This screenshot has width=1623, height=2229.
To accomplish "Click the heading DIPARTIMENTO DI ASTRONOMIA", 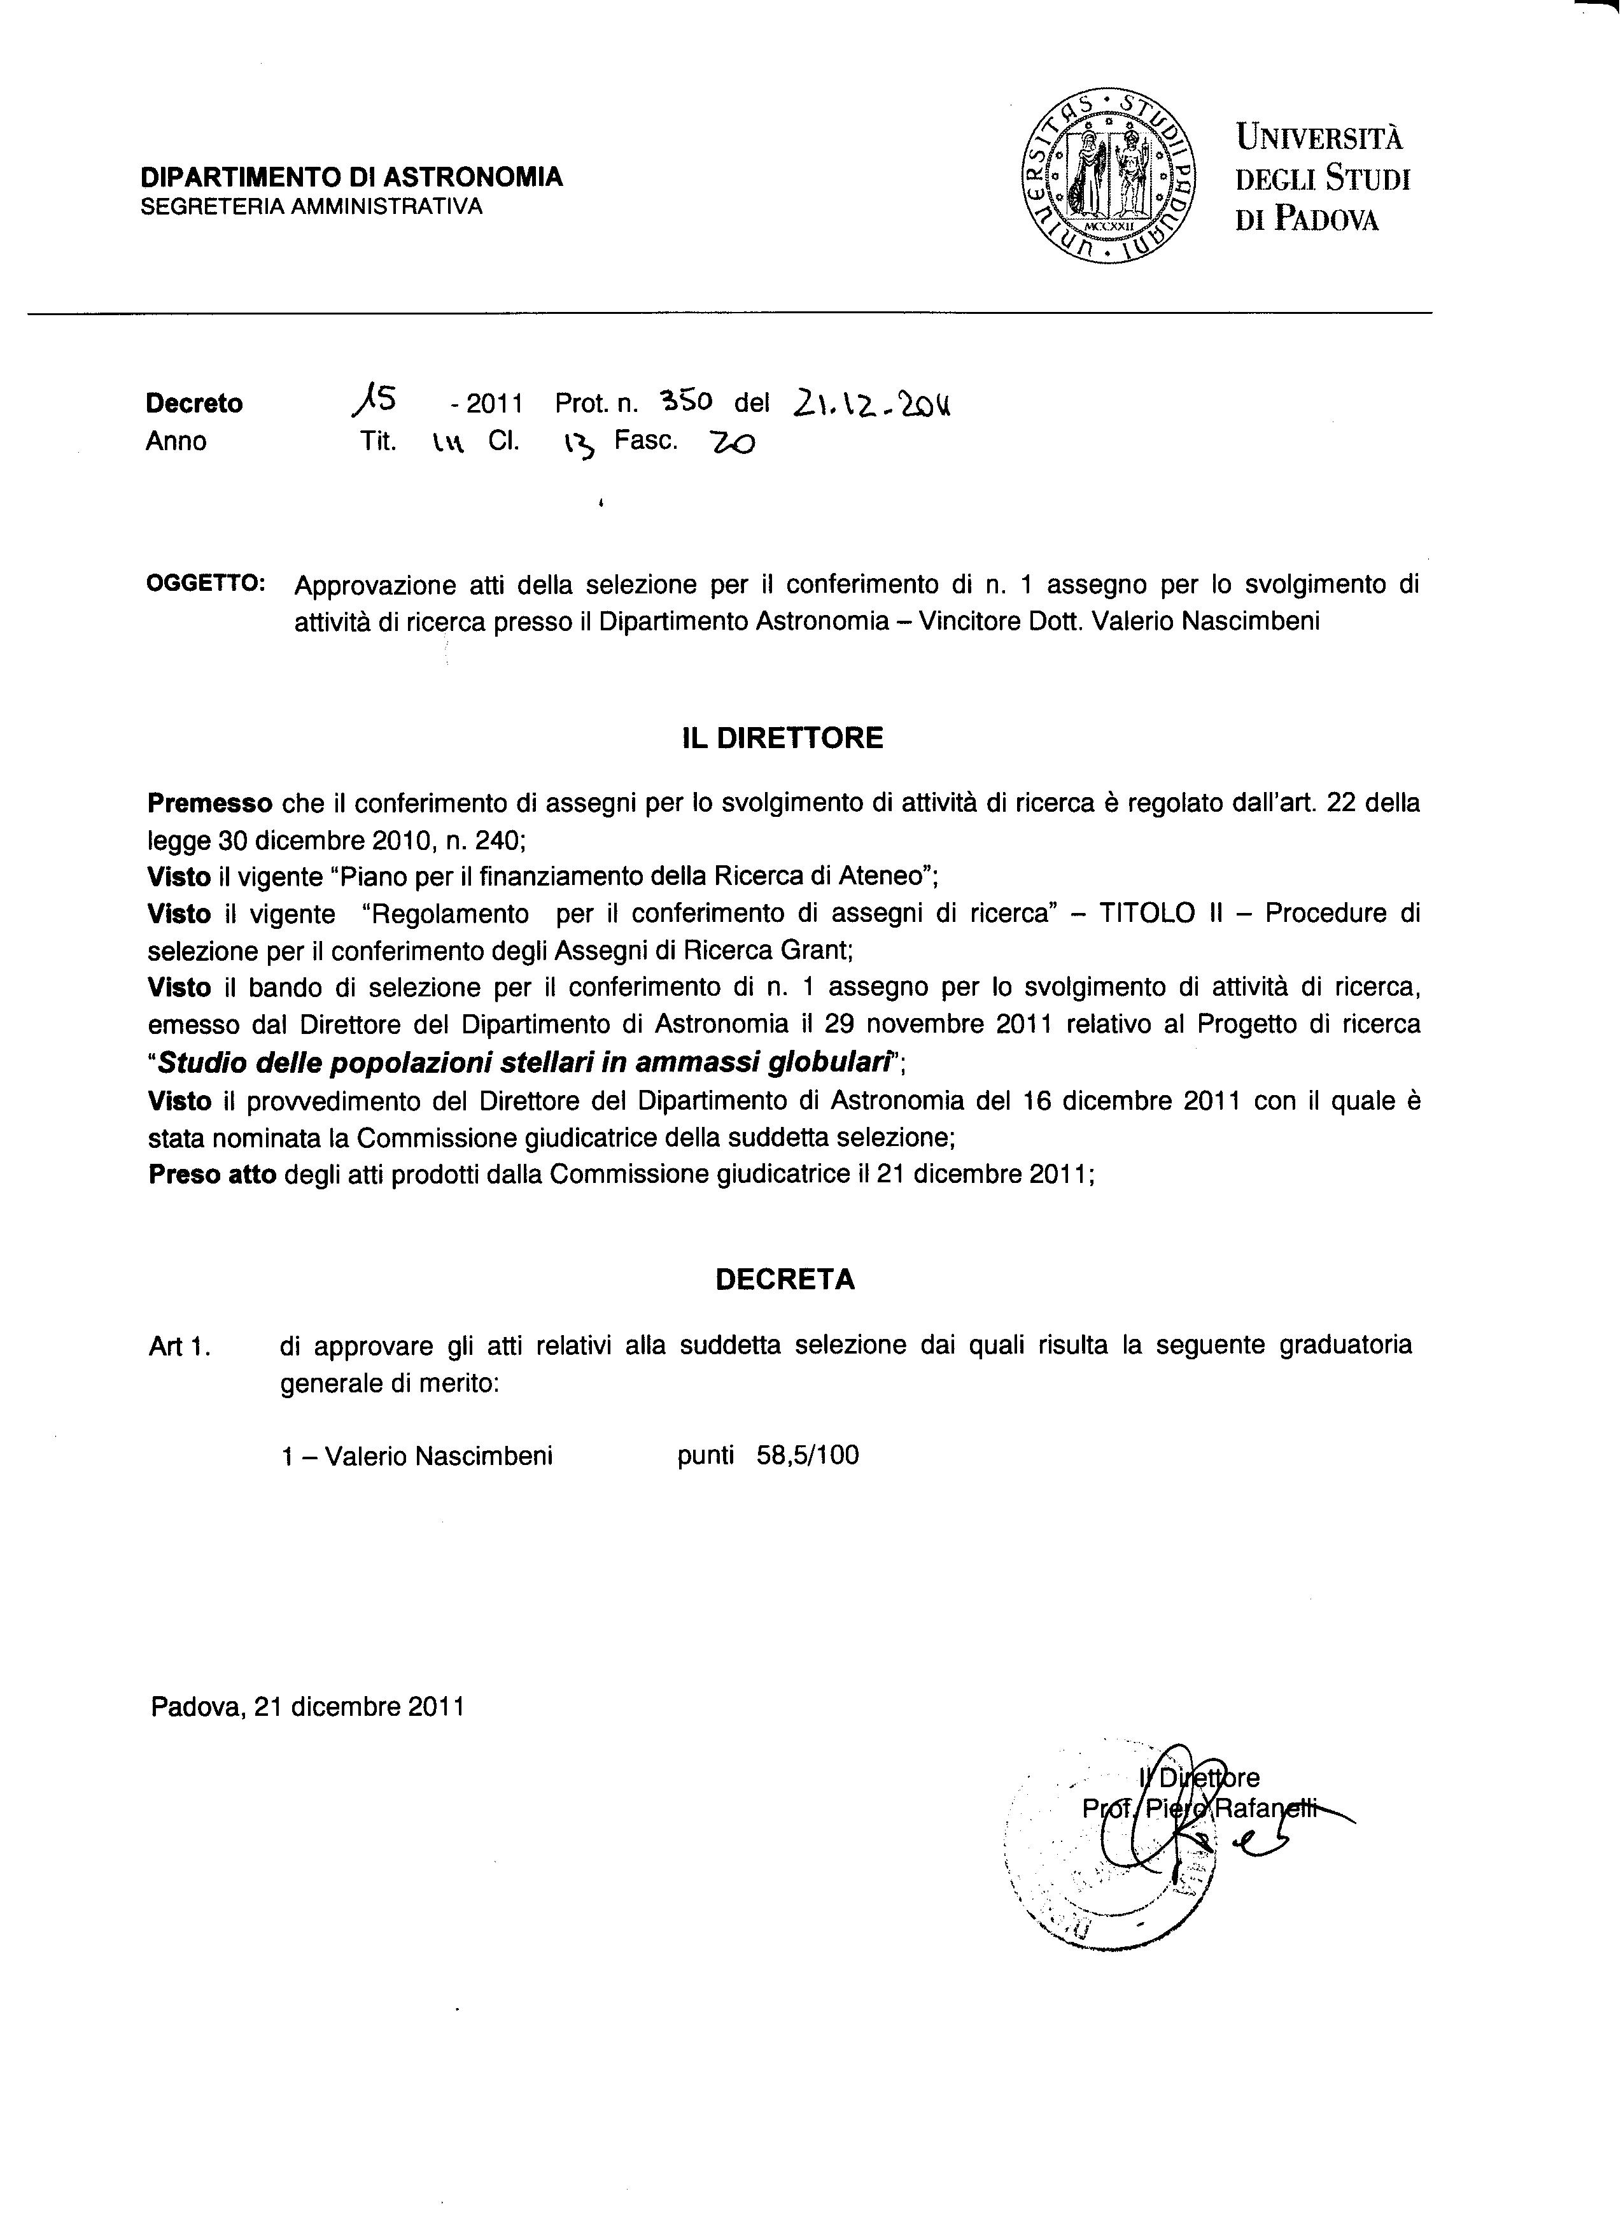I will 352,177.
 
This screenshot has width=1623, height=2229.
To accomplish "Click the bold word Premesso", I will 209,804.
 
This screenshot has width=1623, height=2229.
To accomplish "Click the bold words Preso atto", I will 212,1175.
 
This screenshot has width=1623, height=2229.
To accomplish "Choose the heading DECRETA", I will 785,1280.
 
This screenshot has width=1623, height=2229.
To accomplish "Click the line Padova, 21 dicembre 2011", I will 307,1706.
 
